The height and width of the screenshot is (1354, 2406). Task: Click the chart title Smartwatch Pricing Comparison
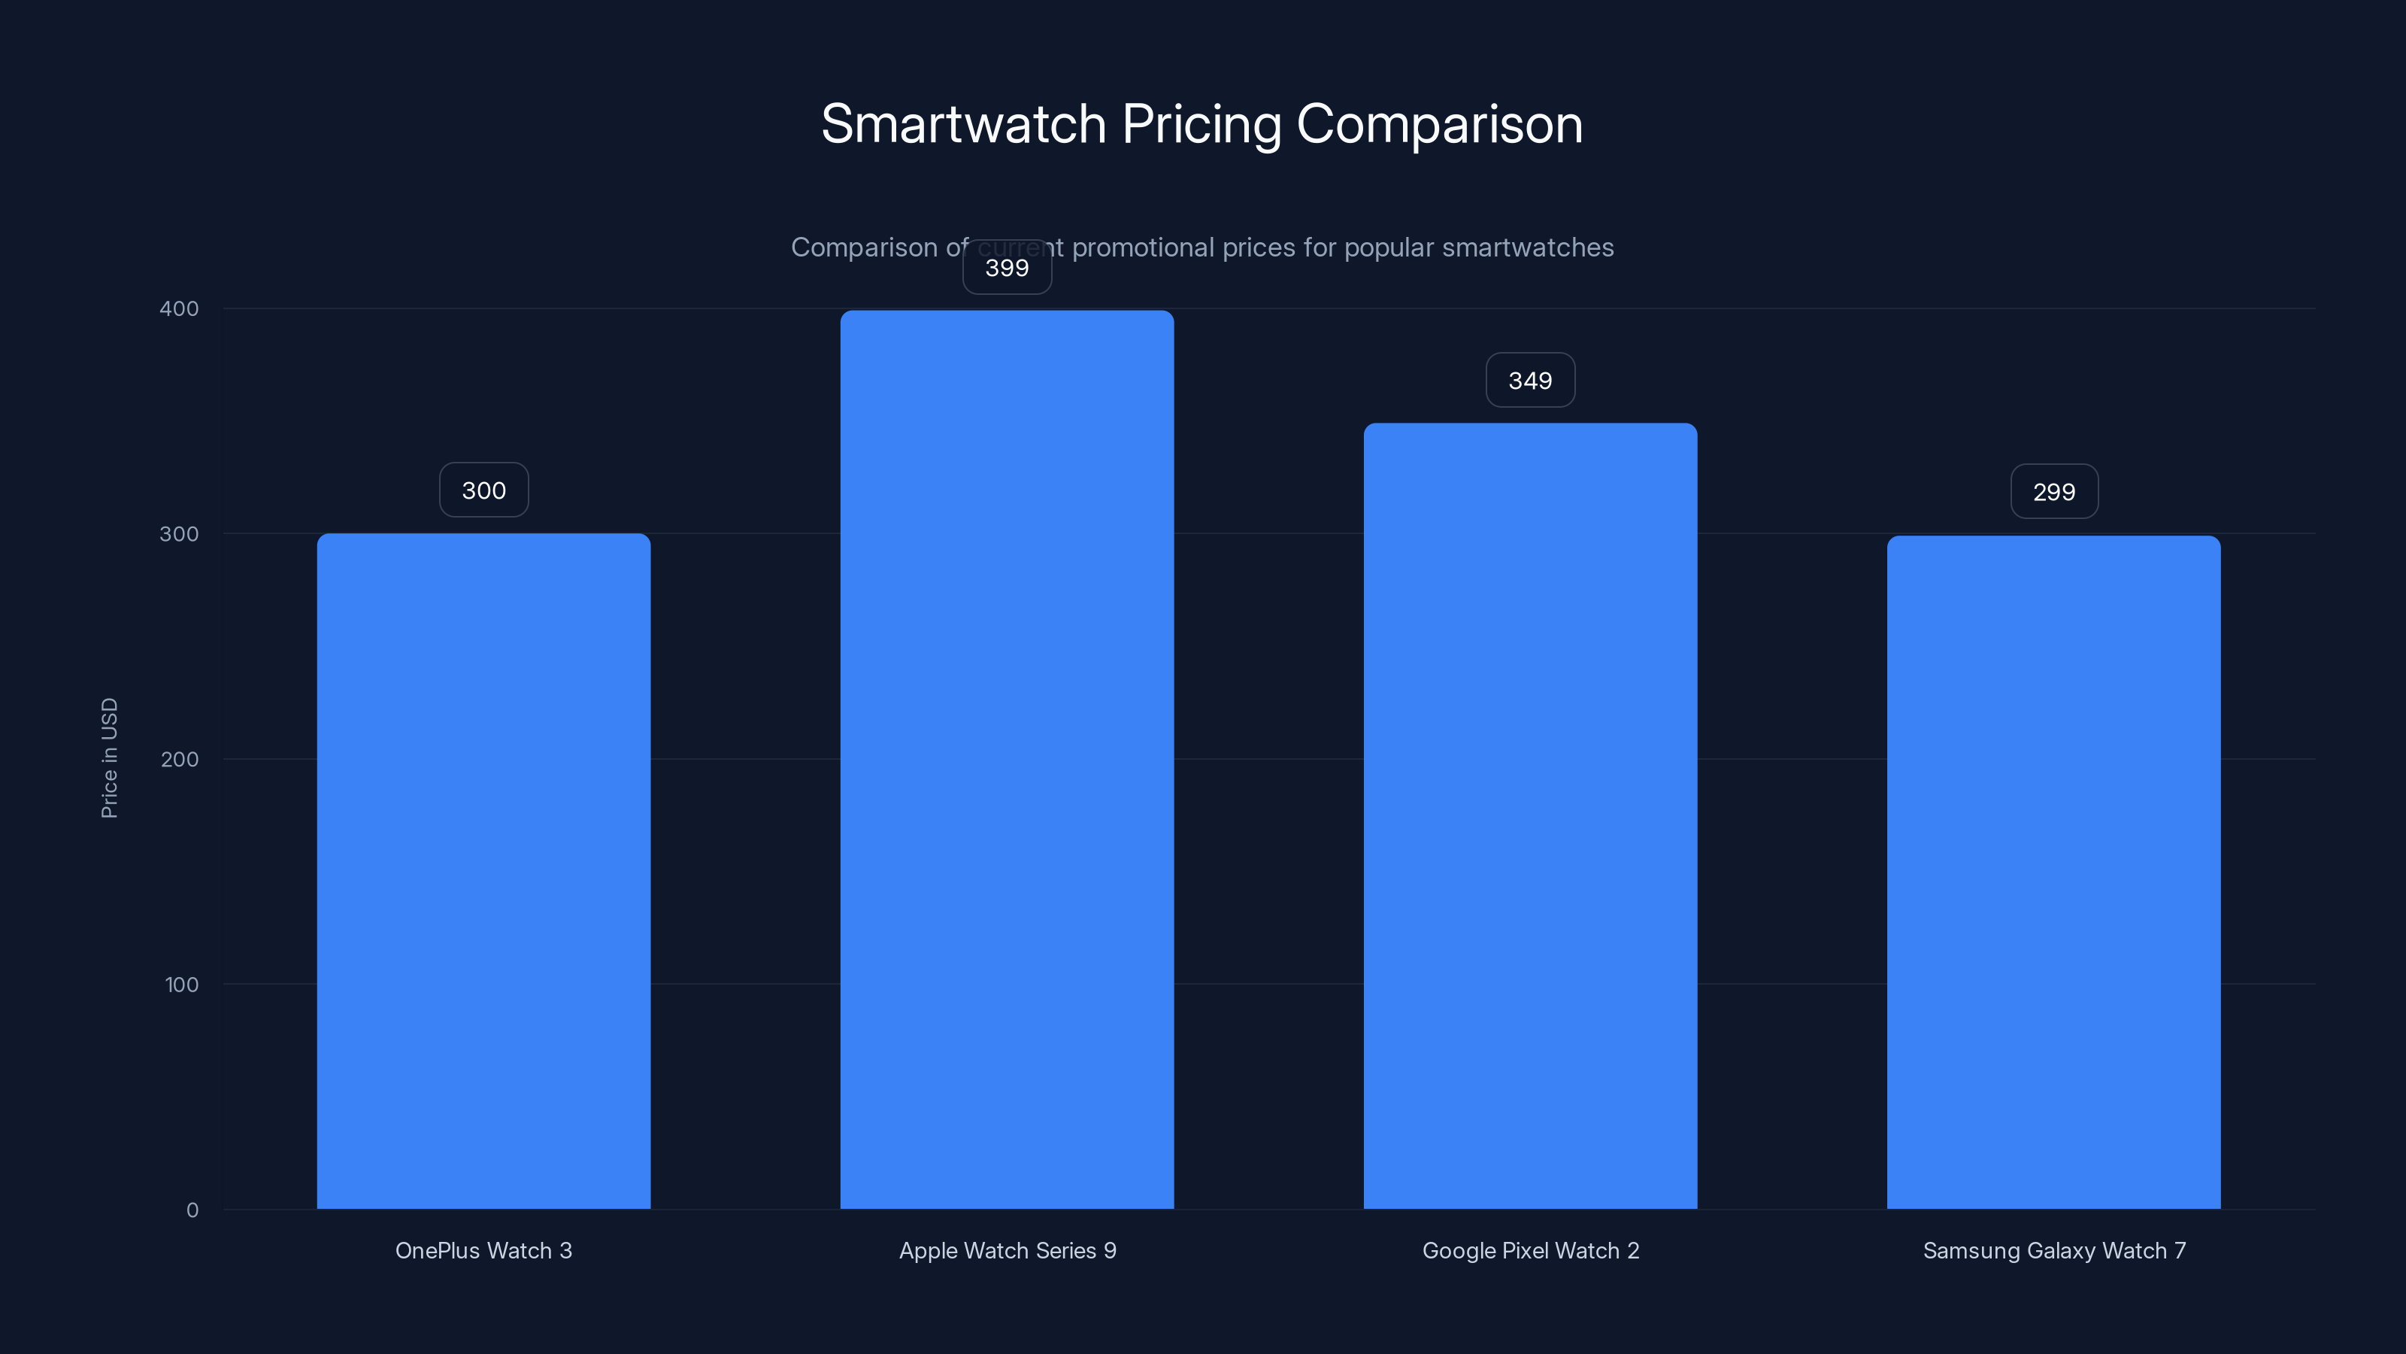click(1202, 124)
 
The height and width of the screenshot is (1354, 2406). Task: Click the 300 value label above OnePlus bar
click(483, 490)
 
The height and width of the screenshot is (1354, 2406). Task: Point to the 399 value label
click(1007, 269)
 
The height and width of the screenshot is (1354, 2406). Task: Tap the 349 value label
click(1530, 381)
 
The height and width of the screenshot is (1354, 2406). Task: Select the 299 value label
click(2054, 491)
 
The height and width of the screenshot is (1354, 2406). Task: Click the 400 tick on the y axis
click(180, 308)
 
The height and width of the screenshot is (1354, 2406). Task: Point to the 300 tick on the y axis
click(180, 533)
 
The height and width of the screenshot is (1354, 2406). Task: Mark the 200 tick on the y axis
click(180, 759)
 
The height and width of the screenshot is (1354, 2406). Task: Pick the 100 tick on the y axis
click(181, 984)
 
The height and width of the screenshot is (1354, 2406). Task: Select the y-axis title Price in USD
click(109, 757)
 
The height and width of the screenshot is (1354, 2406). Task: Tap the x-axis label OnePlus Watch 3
click(483, 1250)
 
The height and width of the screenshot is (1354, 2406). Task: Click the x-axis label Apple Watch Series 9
click(1007, 1250)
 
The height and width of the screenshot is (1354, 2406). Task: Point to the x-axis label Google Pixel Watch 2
click(1530, 1250)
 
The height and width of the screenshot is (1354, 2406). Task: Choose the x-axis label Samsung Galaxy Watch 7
click(2054, 1250)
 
